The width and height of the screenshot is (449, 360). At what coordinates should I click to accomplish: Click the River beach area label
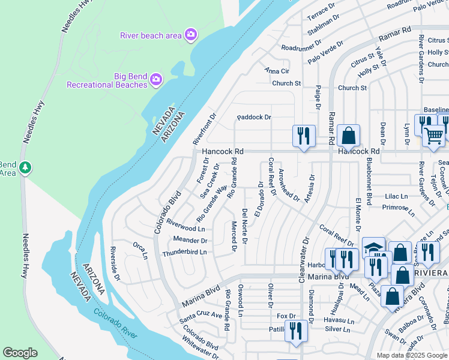[151, 35]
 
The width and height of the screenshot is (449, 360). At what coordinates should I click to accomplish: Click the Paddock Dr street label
[254, 117]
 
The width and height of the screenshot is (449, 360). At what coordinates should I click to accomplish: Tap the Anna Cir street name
[277, 70]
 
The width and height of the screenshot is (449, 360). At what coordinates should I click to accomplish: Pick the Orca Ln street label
[140, 250]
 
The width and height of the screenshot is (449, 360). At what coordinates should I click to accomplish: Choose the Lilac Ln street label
[396, 196]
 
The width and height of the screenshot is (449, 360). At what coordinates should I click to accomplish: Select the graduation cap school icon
[373, 248]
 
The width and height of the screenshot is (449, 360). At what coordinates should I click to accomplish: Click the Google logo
[20, 353]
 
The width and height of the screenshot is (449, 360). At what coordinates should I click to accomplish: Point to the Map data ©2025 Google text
[411, 355]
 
